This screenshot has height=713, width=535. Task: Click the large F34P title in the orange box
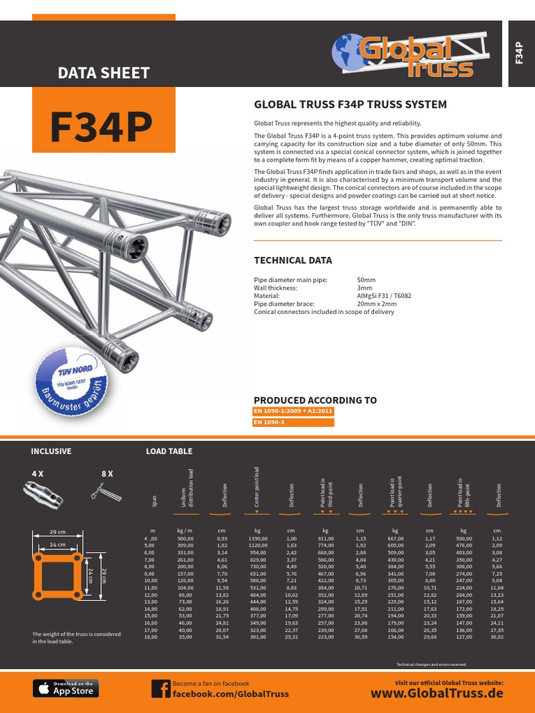click(102, 128)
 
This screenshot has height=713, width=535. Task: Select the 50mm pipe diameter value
click(366, 279)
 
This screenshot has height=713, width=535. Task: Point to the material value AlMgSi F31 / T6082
click(384, 295)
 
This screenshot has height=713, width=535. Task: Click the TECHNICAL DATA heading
click(293, 260)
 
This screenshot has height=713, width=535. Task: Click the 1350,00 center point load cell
click(257, 538)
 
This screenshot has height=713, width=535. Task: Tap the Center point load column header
click(256, 487)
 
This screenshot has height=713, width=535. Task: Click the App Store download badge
click(66, 689)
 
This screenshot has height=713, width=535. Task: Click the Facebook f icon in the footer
click(160, 689)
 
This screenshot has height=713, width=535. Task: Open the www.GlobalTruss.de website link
click(437, 694)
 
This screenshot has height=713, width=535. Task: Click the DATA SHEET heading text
click(103, 72)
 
